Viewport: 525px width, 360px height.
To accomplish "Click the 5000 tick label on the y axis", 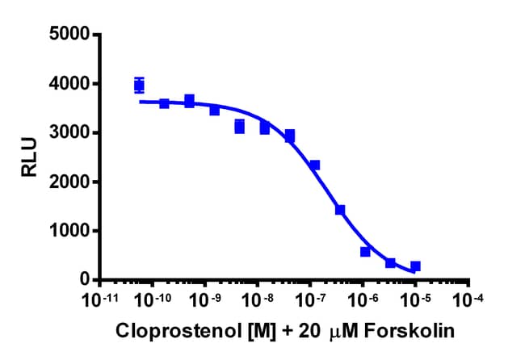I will pos(69,35).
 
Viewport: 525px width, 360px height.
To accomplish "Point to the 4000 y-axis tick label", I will pos(69,84).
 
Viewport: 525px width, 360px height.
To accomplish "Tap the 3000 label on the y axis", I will pos(69,133).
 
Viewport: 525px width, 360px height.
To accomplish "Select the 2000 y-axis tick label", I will pos(69,182).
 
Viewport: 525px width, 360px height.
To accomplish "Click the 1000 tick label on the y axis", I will pos(69,231).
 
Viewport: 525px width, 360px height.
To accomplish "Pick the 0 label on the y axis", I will pos(84,280).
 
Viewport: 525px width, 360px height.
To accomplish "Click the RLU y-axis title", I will pos(28,157).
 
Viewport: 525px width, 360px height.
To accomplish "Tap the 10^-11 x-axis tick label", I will pos(99,299).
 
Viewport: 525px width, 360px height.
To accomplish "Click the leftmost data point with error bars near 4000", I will pos(139,85).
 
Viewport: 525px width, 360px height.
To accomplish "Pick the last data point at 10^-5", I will pos(415,266).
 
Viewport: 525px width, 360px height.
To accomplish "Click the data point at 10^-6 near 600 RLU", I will pos(365,252).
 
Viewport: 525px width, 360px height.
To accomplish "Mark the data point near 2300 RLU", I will pos(315,165).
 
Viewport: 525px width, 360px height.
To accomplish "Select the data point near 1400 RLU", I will pos(340,210).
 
